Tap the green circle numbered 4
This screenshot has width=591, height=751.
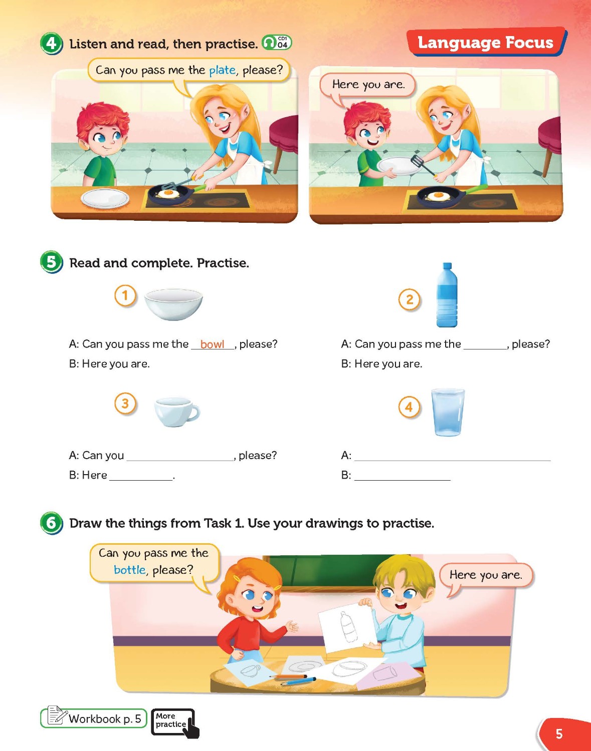pyautogui.click(x=51, y=44)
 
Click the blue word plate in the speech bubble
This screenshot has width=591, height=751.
pyautogui.click(x=222, y=71)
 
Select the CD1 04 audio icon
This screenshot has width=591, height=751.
pyautogui.click(x=277, y=43)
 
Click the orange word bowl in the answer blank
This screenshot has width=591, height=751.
pyautogui.click(x=212, y=344)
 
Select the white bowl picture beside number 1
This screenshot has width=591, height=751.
pyautogui.click(x=173, y=304)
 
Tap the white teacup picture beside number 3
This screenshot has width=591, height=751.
pyautogui.click(x=177, y=412)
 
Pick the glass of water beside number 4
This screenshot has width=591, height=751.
pyautogui.click(x=448, y=413)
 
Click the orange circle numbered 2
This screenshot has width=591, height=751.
pyautogui.click(x=410, y=299)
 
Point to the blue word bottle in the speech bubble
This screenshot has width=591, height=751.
pyautogui.click(x=130, y=570)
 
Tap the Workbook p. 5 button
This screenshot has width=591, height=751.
pyautogui.click(x=94, y=718)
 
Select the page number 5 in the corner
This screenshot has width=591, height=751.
pyautogui.click(x=559, y=733)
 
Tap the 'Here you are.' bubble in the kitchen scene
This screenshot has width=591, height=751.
pyautogui.click(x=368, y=85)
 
